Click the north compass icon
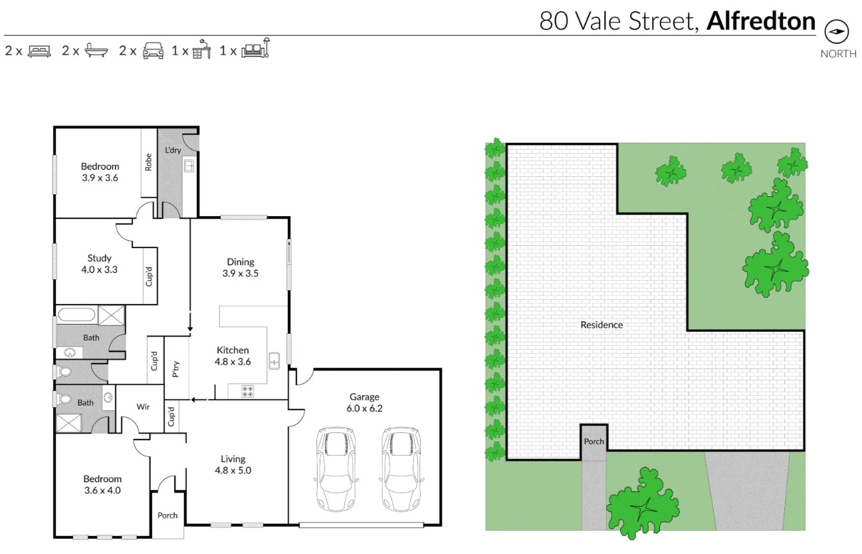pos(837,31)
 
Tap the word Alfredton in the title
pos(760,21)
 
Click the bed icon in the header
pos(39,51)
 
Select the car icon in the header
pos(153,51)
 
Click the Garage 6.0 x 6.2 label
pos(364,403)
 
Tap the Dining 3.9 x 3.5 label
pos(241,267)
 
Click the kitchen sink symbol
pos(274,361)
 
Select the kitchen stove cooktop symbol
pos(248,392)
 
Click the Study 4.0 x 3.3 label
pos(99,264)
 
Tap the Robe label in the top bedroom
pos(149,162)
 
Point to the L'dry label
pos(173,150)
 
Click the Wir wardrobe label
pos(143,406)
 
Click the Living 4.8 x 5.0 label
pos(233,464)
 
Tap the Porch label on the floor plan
pos(167,515)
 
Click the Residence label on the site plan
pos(601,325)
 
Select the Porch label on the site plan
pos(593,442)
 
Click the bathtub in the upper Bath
pos(76,315)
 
